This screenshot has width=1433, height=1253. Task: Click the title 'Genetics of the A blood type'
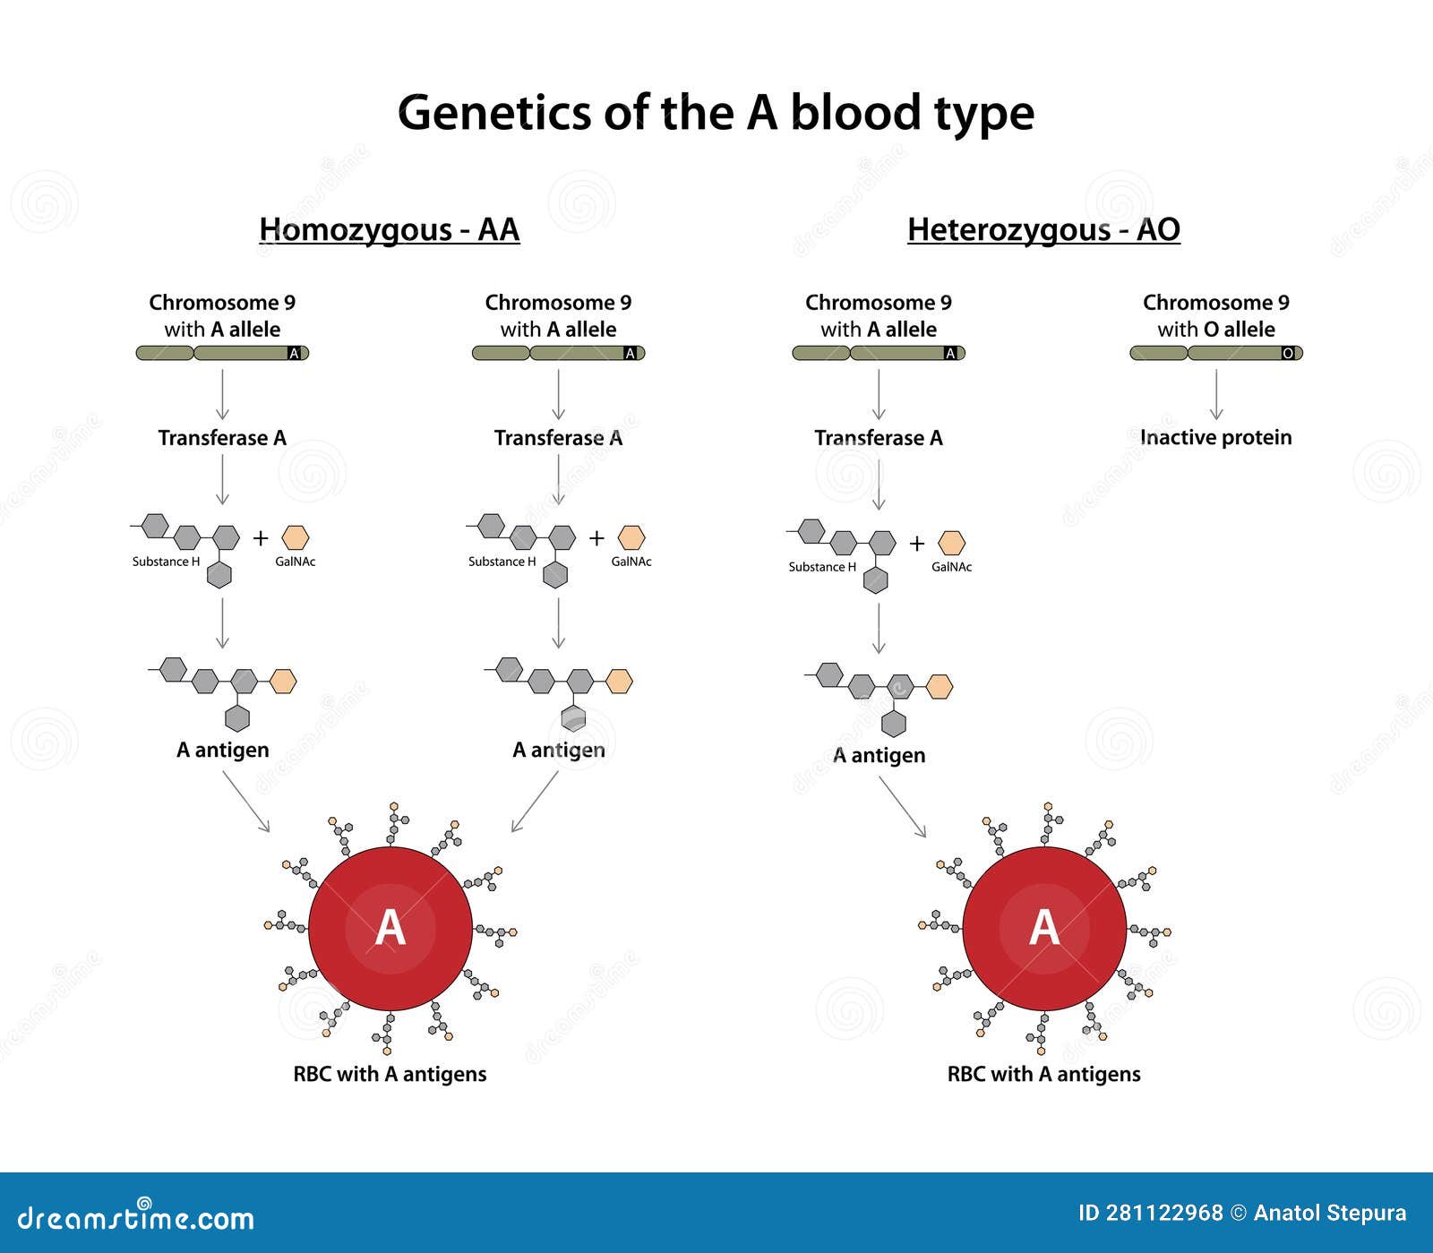716,114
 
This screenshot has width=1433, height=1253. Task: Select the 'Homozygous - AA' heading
389,230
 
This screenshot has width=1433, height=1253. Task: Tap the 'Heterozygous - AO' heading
1043,230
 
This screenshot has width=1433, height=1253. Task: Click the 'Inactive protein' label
1215,437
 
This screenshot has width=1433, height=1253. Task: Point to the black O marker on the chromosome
1288,354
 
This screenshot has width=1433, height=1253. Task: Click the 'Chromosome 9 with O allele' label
1215,315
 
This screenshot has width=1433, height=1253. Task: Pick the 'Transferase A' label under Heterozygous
878,437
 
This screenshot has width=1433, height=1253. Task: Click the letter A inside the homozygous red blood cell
390,928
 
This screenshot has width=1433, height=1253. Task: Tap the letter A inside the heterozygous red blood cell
1044,928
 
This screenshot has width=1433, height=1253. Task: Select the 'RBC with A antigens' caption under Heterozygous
1043,1074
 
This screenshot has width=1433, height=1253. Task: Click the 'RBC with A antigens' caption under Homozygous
390,1074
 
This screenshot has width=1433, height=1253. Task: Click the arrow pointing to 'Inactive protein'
1215,394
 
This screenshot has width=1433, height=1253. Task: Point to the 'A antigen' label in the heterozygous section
878,755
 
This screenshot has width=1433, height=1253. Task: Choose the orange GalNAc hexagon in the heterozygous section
951,543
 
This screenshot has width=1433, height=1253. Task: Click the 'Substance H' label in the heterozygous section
822,567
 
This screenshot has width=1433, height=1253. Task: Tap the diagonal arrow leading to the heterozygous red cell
902,806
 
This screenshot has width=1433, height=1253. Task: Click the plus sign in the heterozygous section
916,543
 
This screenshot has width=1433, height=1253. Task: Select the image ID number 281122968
1163,1213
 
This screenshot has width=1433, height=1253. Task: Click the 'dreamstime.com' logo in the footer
136,1218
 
